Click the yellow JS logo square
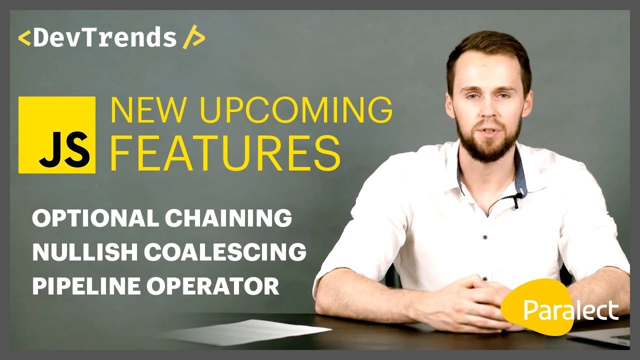coord(56,135)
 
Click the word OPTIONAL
coord(94,218)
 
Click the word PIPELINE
coord(85,286)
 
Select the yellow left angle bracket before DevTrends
coord(24,38)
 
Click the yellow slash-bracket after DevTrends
coord(193,38)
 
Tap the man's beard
coord(487,142)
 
